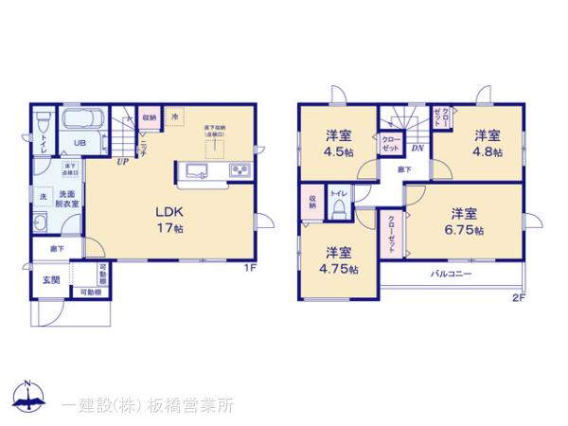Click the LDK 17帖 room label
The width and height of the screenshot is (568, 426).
(x=169, y=220)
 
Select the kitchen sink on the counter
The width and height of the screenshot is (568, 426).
(x=198, y=171)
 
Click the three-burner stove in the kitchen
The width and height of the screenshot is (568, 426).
(x=239, y=171)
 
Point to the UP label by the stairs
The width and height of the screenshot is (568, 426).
(x=123, y=162)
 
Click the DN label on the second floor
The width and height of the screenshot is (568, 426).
(x=417, y=149)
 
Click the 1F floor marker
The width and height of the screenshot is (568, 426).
(x=250, y=268)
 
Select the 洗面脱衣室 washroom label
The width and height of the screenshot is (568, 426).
(x=65, y=199)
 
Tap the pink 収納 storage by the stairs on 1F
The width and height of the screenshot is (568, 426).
(x=150, y=118)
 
